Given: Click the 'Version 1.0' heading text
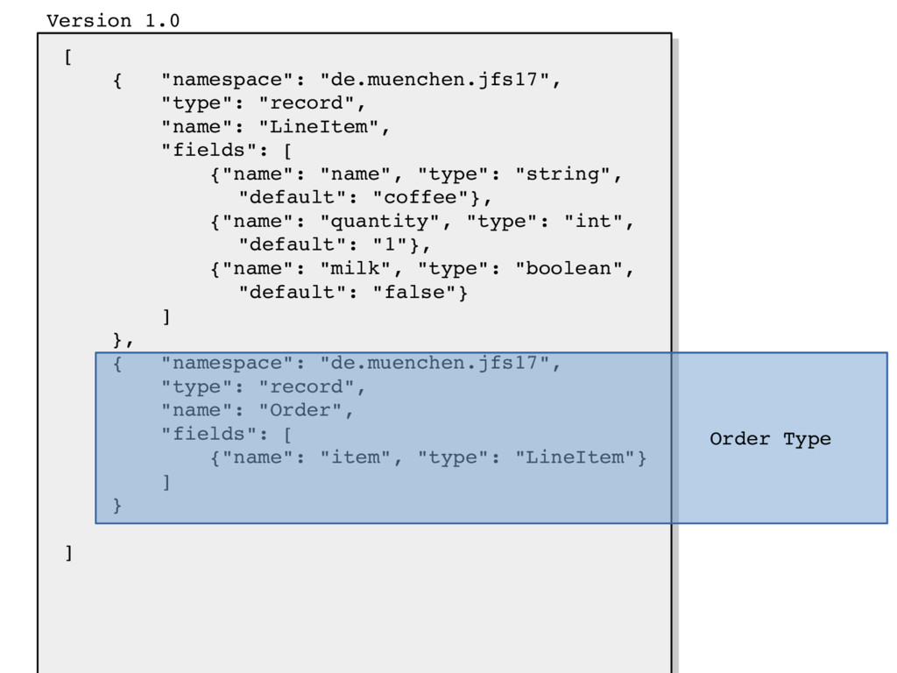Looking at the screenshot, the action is pyautogui.click(x=113, y=21).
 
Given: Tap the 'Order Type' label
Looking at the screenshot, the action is pyautogui.click(x=770, y=439).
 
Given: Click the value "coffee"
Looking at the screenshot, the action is pyautogui.click(x=427, y=197).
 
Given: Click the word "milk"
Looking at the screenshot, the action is pyautogui.click(x=355, y=268).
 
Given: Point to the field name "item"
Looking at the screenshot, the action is pyautogui.click(x=355, y=457).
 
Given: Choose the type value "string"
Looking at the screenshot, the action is pyautogui.click(x=562, y=174).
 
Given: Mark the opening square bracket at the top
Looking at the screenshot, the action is pyautogui.click(x=68, y=58).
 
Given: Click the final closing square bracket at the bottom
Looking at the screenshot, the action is pyautogui.click(x=68, y=553).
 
